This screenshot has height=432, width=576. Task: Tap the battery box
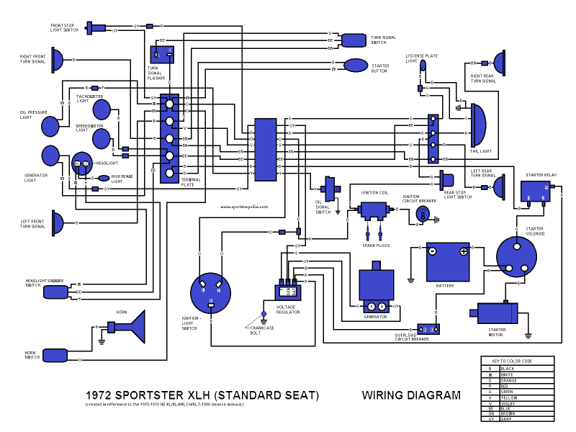coord(447,261)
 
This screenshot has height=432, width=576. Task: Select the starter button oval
coord(356,66)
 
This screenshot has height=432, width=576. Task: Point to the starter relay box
coord(536,192)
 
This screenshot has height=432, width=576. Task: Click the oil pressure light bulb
coord(50,127)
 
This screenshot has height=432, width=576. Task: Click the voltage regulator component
coord(288,290)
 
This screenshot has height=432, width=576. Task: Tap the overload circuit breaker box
coord(428,328)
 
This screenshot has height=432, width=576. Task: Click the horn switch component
coord(55,355)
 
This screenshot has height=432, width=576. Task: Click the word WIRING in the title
coord(387,395)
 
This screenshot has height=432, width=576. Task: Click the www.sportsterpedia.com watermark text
coord(245,207)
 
